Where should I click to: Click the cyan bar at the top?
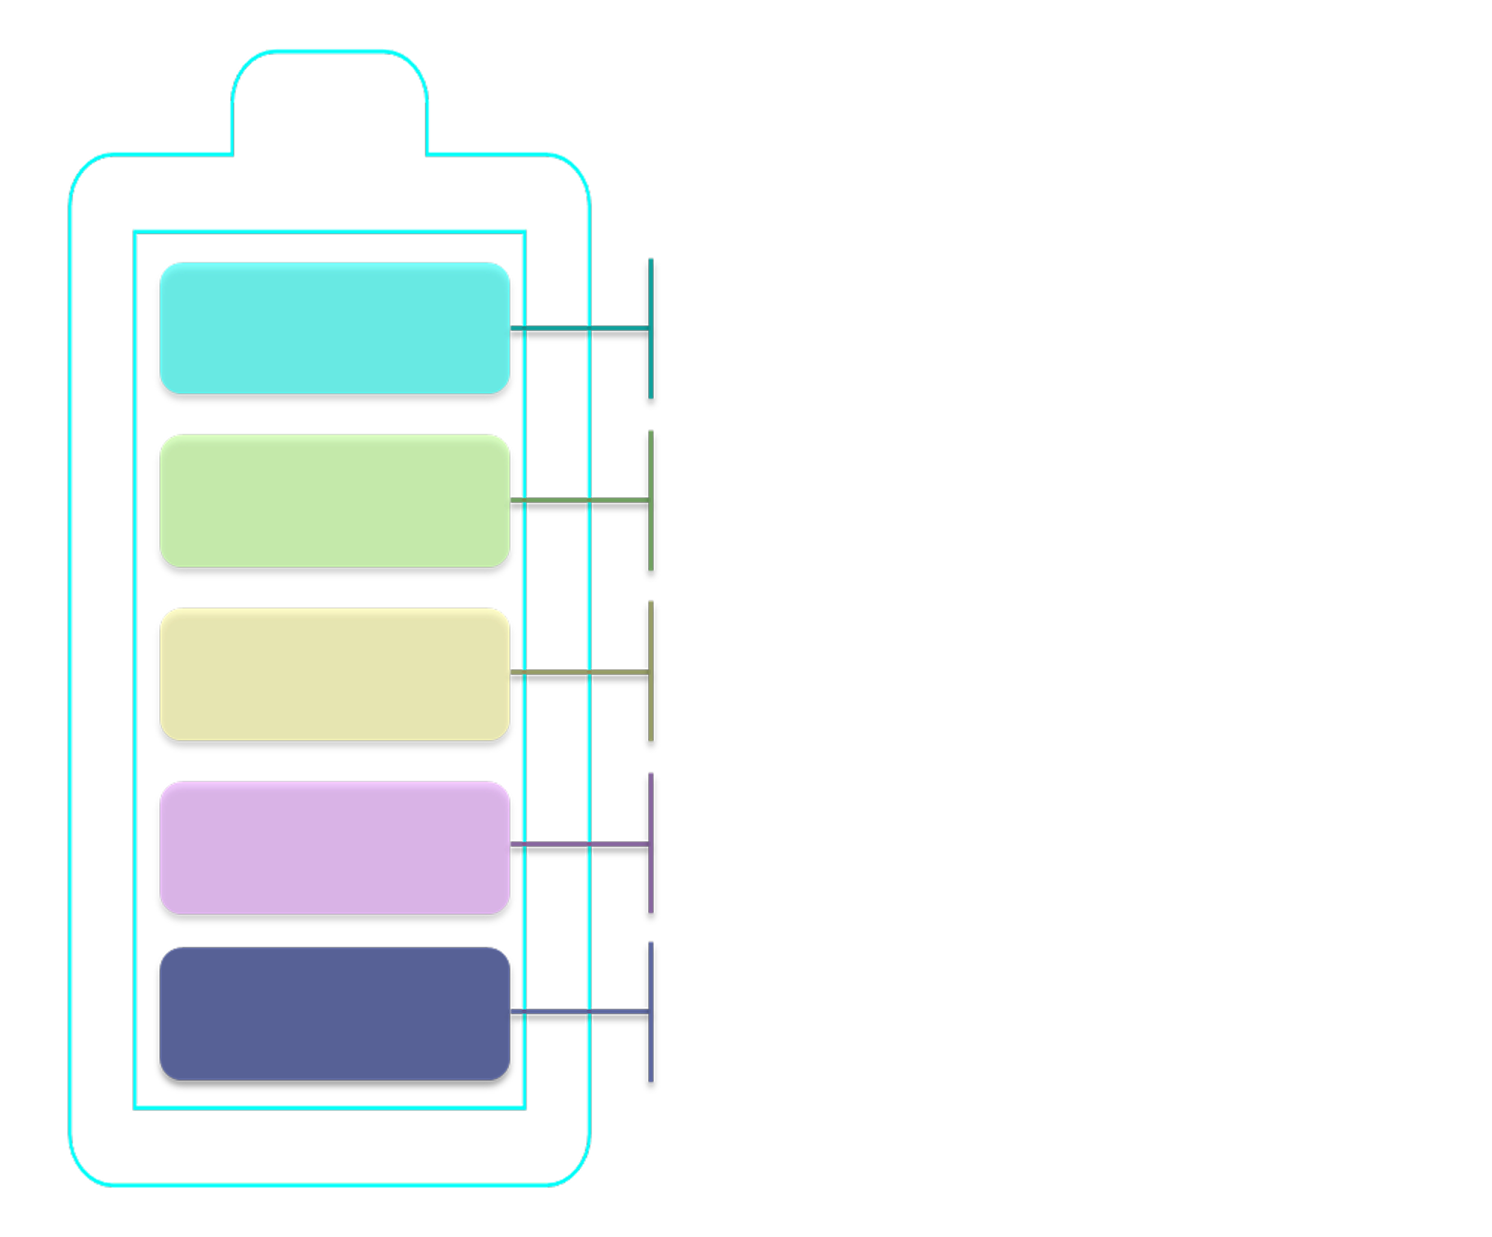click(334, 329)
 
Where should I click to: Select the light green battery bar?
click(334, 500)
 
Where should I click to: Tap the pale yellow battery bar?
click(334, 674)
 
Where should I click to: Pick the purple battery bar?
click(334, 847)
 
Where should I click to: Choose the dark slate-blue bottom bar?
click(334, 1013)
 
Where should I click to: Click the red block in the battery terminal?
click(330, 121)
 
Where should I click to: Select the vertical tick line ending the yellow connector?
click(651, 709)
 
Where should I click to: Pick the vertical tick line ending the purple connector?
click(651, 882)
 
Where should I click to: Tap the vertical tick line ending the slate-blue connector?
click(651, 1056)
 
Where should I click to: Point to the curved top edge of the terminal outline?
click(330, 52)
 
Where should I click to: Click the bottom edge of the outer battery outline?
click(330, 1186)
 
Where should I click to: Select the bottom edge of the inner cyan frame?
click(330, 1107)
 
